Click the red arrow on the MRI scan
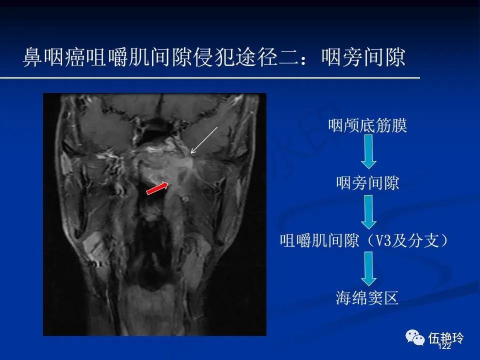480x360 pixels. (x=157, y=188)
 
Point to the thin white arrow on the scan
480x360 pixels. (x=204, y=140)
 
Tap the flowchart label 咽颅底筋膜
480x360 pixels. (x=367, y=125)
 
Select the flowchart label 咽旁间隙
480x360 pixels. (x=367, y=183)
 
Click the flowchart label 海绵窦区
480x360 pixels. (x=367, y=298)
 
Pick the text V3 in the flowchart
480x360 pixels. (x=383, y=240)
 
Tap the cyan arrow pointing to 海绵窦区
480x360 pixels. (x=368, y=269)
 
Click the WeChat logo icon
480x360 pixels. (x=415, y=337)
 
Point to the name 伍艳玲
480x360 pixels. (x=445, y=338)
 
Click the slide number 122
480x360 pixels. (x=444, y=346)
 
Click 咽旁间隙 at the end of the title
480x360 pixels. (x=363, y=57)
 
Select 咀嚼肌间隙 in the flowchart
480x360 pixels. (x=319, y=240)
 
